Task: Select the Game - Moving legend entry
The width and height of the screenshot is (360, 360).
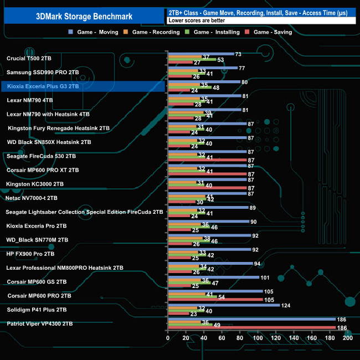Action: click(x=94, y=32)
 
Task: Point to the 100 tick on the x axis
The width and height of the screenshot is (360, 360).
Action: click(x=258, y=336)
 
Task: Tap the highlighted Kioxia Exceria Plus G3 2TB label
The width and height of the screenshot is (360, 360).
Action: click(x=43, y=86)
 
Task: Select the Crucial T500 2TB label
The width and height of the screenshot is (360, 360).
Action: click(x=29, y=58)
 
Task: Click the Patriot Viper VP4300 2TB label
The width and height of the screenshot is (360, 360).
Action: click(x=39, y=323)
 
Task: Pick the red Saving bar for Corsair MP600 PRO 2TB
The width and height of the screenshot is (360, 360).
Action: click(x=215, y=300)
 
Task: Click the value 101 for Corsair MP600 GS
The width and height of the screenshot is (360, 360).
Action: click(x=265, y=277)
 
